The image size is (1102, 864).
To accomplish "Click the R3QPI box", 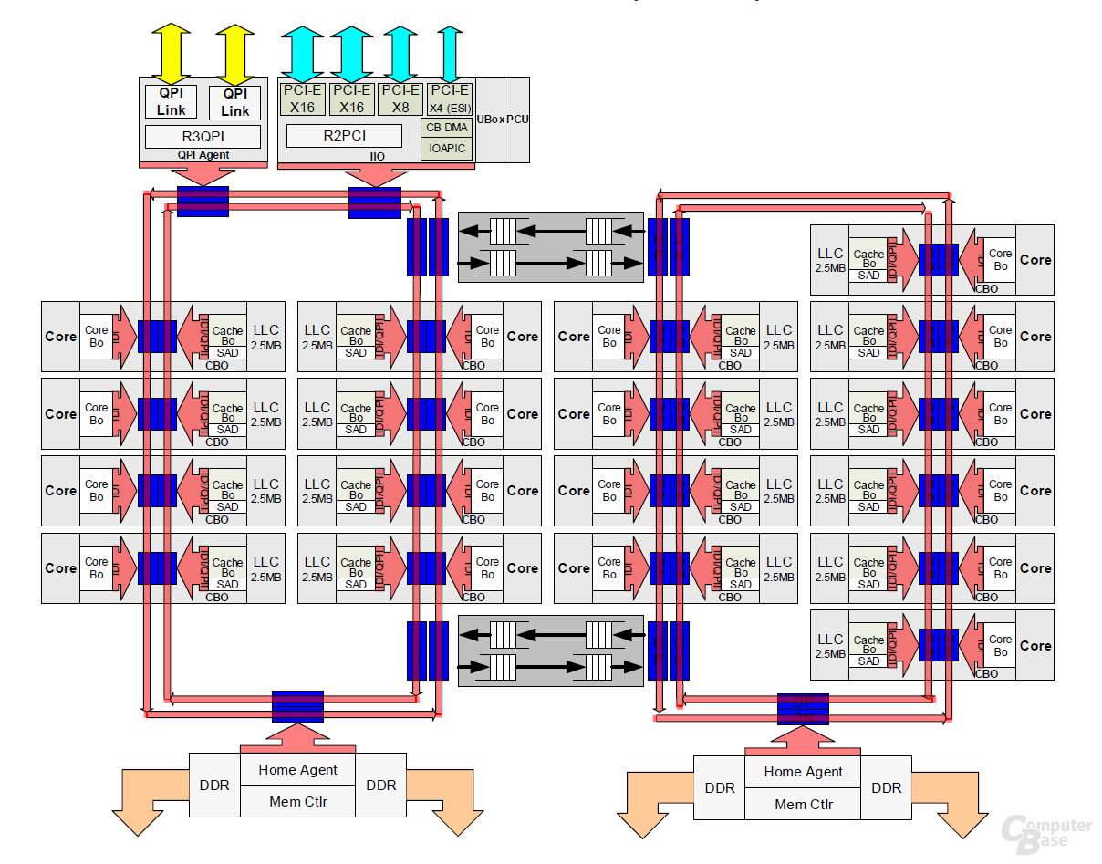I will pos(203,137).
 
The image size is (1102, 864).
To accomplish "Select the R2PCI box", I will pos(343,135).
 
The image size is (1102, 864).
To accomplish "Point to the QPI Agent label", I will pos(203,155).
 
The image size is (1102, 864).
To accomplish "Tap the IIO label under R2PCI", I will pos(376,157).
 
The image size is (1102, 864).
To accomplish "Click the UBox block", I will pos(490,120).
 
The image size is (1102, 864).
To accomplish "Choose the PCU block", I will pos(517,120).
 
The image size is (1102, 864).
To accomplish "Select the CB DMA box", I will pos(447,128).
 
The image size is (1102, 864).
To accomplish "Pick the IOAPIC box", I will pos(447,148).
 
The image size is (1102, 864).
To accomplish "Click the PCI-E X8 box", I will pos(400,99).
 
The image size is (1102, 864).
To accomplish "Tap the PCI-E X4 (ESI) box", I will pos(449,99).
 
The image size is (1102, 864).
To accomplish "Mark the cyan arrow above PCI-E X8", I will pos(400,53).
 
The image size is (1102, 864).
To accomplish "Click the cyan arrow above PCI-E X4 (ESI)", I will pos(448,53).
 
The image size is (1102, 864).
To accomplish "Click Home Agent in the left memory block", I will pos(297,770).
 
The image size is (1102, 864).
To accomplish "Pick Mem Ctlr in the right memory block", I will pos(803,804).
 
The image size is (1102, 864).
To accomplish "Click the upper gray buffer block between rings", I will pos(550,247).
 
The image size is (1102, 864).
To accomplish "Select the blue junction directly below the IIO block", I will pos(375,202).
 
